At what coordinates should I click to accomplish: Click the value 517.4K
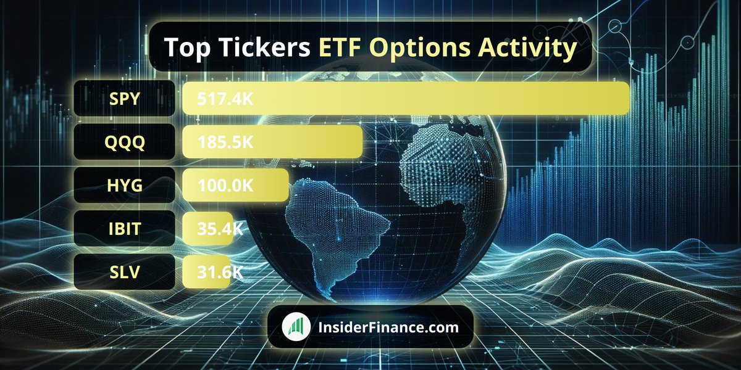coord(225,99)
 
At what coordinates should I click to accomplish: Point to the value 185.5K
coord(225,142)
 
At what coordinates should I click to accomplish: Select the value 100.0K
coord(225,186)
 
